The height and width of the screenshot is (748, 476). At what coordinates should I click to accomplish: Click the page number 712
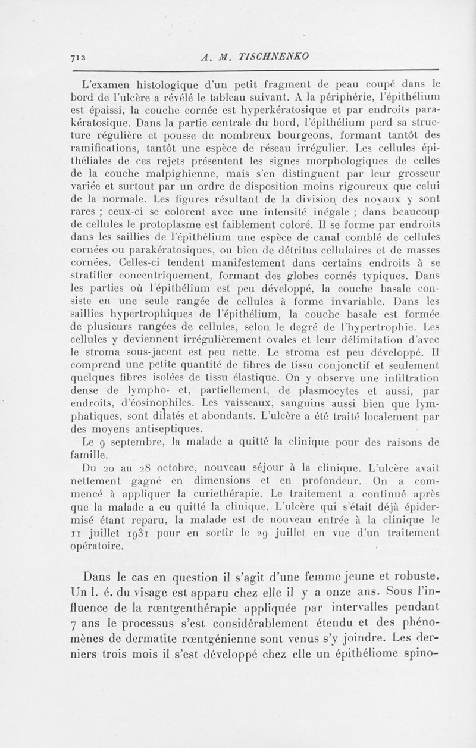78,57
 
